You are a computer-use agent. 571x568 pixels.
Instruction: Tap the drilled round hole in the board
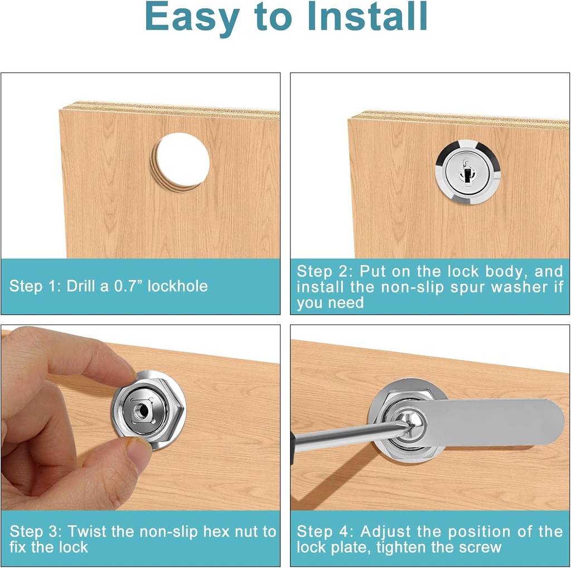pyautogui.click(x=182, y=162)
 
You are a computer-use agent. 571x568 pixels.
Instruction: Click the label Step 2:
pyautogui.click(x=325, y=271)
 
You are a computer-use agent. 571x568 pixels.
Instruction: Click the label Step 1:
pyautogui.click(x=35, y=287)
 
